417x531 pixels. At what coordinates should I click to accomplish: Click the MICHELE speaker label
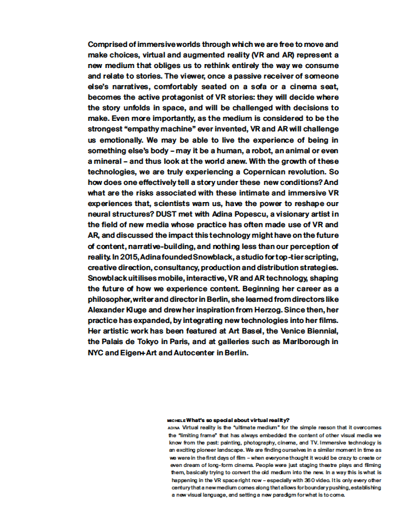click(x=176, y=421)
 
